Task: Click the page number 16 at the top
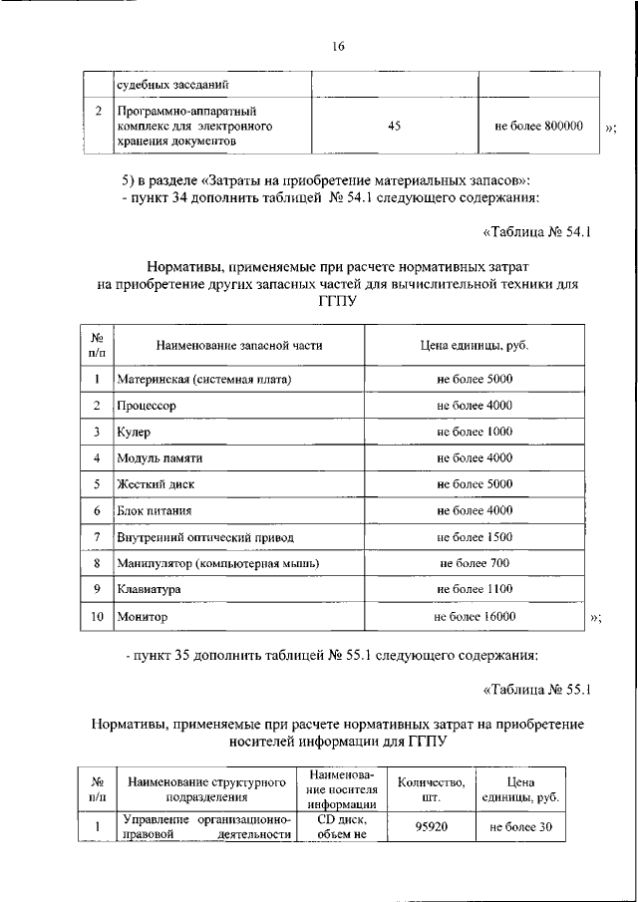(x=338, y=46)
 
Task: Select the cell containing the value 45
(x=393, y=127)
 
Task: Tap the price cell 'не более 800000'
(x=538, y=127)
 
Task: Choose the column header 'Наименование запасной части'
(x=239, y=345)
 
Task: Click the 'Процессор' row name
(x=147, y=406)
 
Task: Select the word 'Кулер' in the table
(x=134, y=432)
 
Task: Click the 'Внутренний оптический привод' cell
(x=205, y=537)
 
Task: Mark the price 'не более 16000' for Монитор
(x=475, y=617)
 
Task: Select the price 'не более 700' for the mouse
(x=475, y=563)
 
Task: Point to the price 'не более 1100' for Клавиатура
(x=475, y=590)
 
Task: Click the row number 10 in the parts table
(x=98, y=617)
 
